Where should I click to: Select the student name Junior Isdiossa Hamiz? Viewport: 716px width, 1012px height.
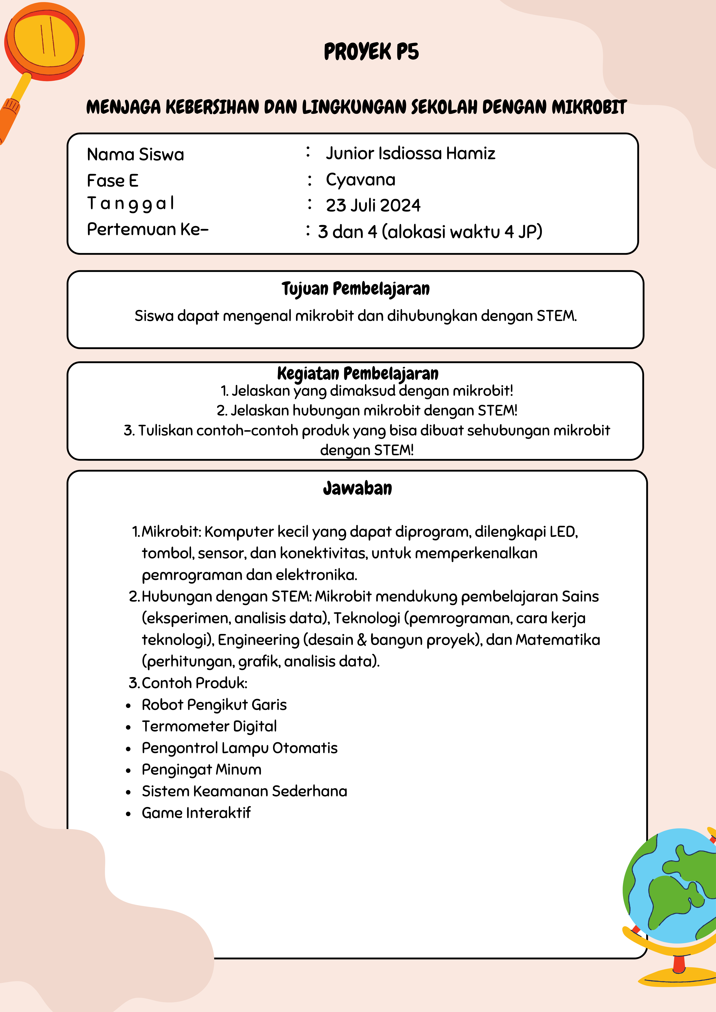410,153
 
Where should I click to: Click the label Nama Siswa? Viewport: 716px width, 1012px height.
135,154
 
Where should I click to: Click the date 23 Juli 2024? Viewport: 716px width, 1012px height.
373,205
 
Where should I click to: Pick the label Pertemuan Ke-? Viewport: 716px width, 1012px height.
147,229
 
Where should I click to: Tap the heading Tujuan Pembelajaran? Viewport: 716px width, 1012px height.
356,289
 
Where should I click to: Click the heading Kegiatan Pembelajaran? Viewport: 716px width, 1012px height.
358,373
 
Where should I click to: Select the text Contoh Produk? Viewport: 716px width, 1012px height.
194,683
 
